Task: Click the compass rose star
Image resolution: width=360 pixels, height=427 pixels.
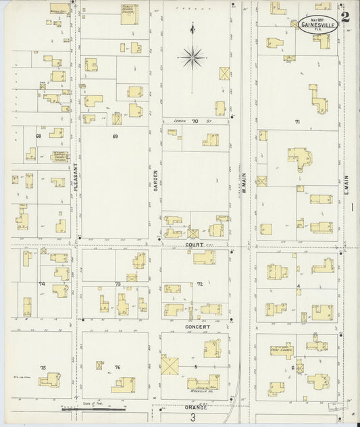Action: (x=192, y=57)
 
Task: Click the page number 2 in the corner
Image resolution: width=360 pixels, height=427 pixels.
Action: (x=345, y=16)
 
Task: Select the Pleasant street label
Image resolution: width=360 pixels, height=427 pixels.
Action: (x=75, y=178)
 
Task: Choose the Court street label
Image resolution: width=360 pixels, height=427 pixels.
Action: (x=196, y=245)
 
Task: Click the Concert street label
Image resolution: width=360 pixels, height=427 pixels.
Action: (x=197, y=326)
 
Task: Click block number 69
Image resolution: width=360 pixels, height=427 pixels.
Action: (x=115, y=136)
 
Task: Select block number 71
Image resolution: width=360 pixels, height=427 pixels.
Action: (x=297, y=122)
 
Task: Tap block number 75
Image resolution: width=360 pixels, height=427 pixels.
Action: (x=43, y=368)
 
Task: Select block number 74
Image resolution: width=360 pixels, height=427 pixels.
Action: (x=41, y=284)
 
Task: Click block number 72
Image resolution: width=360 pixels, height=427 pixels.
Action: (x=200, y=284)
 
